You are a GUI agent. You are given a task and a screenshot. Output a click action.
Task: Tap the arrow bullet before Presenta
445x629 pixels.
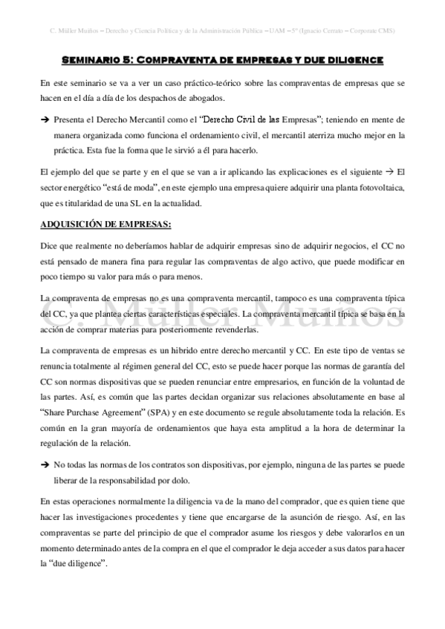tap(44, 119)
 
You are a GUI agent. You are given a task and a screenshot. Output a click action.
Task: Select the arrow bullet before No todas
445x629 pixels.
tap(44, 464)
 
